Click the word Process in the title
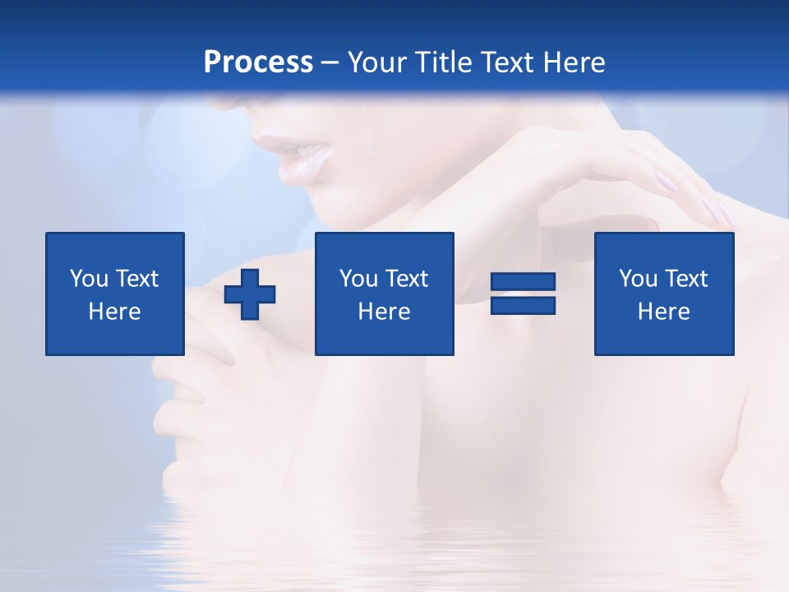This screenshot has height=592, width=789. click(x=258, y=62)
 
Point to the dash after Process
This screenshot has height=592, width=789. click(x=330, y=63)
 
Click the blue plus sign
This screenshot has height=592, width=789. click(x=250, y=294)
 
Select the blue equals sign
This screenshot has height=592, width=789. click(x=524, y=294)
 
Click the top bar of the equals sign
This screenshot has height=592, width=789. click(x=524, y=282)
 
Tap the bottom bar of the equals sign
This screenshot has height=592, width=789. click(x=524, y=305)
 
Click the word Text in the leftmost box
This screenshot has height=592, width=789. click(x=136, y=279)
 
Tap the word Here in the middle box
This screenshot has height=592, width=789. click(x=385, y=312)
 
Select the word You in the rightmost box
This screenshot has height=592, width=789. click(x=637, y=279)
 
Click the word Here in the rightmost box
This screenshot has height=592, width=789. click(x=664, y=312)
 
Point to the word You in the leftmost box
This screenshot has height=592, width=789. click(x=88, y=279)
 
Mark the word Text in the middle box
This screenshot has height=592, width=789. click(x=406, y=279)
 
